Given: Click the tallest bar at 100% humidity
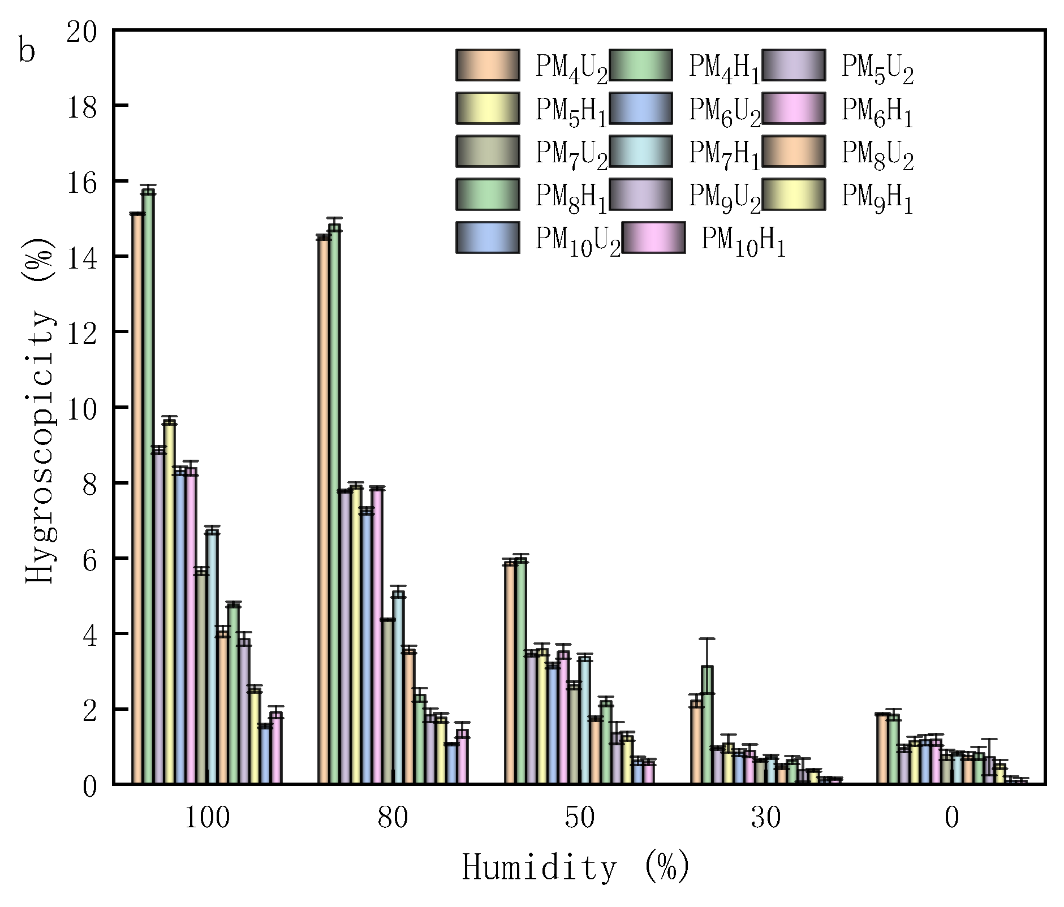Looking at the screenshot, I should point(148,486).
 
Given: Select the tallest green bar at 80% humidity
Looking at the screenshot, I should point(334,503).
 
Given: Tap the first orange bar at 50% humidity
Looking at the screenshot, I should point(510,673).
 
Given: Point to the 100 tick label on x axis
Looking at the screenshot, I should point(207,818).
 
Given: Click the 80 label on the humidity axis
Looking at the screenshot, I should point(393,818).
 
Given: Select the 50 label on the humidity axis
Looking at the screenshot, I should point(579,818).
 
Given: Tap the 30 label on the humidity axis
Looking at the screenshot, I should point(765,818).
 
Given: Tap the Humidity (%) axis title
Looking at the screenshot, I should point(576,867).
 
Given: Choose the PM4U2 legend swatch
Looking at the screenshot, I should point(488,65).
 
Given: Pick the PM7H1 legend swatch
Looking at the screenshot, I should point(641,152).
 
